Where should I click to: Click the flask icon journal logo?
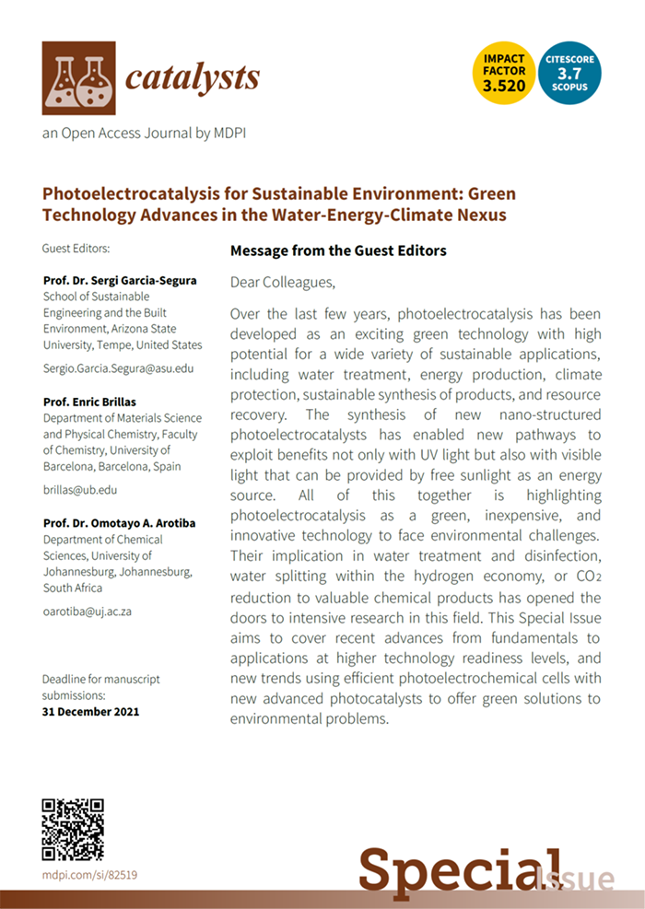coord(78,77)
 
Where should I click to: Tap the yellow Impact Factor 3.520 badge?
coord(504,73)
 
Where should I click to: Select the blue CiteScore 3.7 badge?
coord(569,73)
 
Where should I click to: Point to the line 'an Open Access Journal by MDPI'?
coord(144,134)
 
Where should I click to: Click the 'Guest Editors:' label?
coord(76,249)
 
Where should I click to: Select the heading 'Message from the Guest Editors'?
coord(337,251)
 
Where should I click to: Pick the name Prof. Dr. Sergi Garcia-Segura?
coord(120,280)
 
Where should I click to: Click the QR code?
coord(73,829)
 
